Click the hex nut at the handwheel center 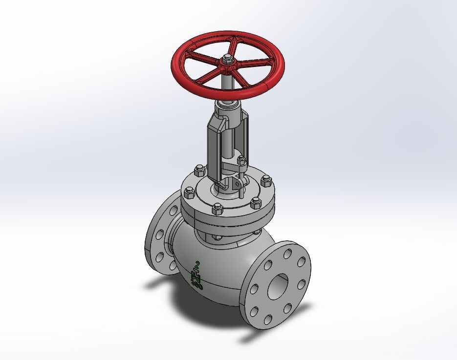[227, 60]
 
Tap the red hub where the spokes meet [228, 65]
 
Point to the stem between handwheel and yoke [228, 83]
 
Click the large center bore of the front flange [278, 286]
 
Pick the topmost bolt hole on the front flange [288, 253]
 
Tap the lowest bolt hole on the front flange [267, 320]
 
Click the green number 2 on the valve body [197, 264]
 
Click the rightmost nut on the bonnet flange [266, 182]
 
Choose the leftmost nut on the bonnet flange [189, 192]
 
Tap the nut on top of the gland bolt [240, 160]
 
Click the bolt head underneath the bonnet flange [217, 238]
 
